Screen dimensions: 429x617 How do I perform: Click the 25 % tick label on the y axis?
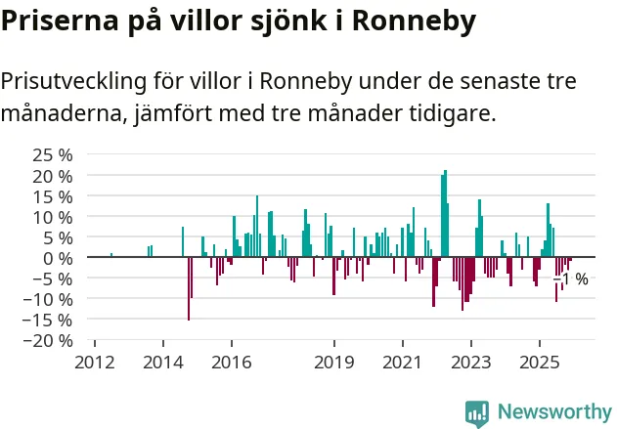click(53, 155)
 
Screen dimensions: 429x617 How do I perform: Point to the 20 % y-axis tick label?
click(53, 176)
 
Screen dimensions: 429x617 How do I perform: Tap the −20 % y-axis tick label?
click(49, 340)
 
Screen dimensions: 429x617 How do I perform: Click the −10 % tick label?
click(49, 299)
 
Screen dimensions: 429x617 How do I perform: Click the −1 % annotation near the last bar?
click(571, 279)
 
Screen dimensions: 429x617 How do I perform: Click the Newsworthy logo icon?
click(477, 411)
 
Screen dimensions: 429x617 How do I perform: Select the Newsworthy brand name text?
click(554, 411)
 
